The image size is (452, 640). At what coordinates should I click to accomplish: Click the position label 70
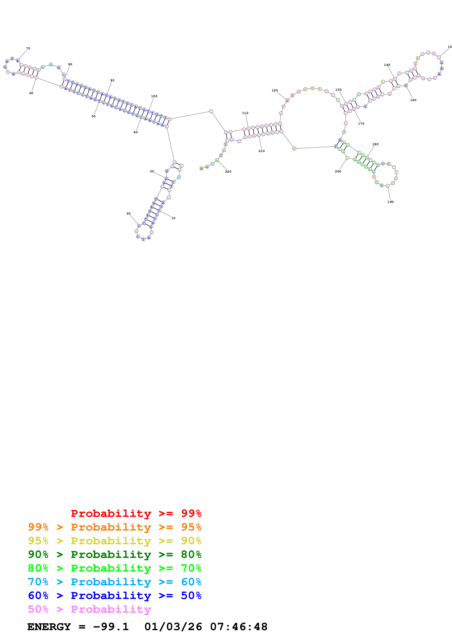point(28,49)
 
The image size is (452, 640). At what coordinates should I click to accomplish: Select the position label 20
point(128,213)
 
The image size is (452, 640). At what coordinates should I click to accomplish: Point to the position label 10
point(173,218)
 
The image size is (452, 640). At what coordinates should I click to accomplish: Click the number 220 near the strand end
point(228,172)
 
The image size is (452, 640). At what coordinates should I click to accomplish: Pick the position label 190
point(390,202)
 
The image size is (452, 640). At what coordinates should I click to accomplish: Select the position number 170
point(361,124)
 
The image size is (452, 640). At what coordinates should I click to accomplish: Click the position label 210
point(261,151)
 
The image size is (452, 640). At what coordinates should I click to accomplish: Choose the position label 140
point(387,65)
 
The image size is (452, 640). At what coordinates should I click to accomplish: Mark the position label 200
point(338,171)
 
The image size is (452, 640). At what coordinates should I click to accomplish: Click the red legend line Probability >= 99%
point(136,513)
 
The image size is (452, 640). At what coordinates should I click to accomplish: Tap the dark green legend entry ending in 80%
point(115,554)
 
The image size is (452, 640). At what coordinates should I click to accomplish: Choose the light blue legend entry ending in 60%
point(115,582)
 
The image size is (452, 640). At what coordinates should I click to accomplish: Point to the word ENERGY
point(49,627)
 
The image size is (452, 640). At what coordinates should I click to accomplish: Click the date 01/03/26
point(173,627)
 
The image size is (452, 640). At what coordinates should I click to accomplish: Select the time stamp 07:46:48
point(239,627)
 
